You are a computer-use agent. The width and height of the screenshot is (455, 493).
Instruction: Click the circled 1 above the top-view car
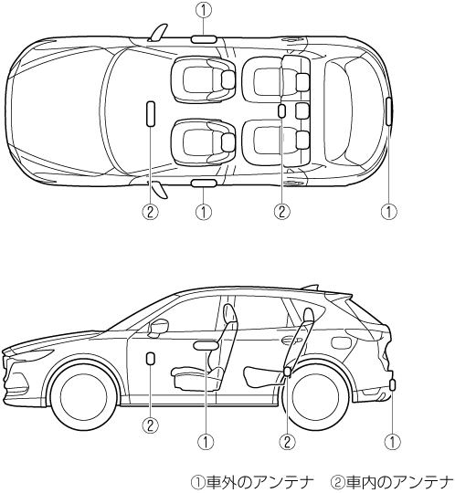coord(204,10)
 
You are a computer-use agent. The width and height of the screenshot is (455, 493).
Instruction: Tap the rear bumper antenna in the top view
coord(389,111)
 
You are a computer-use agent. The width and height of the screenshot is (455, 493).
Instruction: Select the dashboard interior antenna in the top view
coord(151,114)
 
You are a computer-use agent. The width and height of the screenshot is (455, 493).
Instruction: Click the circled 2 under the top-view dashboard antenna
coord(151,212)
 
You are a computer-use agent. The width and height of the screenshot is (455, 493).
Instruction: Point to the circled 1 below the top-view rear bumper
coord(389,212)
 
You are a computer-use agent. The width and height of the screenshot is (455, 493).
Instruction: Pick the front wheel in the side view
coord(84,396)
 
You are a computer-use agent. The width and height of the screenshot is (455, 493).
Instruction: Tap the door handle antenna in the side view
coord(206,346)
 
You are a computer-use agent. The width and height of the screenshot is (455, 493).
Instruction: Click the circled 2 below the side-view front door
coord(151,425)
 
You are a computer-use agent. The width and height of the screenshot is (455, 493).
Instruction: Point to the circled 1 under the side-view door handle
coord(206,442)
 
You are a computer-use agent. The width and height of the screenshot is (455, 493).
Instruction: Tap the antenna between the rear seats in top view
coord(282,111)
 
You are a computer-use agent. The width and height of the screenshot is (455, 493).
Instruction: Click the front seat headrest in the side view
coord(229,313)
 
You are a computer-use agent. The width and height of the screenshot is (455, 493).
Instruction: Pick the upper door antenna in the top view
coord(204,38)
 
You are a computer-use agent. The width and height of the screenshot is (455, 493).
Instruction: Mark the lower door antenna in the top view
coord(204,184)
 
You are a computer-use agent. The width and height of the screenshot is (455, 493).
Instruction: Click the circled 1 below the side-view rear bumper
coord(392,442)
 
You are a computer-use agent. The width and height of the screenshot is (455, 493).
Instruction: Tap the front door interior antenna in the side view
coord(151,359)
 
